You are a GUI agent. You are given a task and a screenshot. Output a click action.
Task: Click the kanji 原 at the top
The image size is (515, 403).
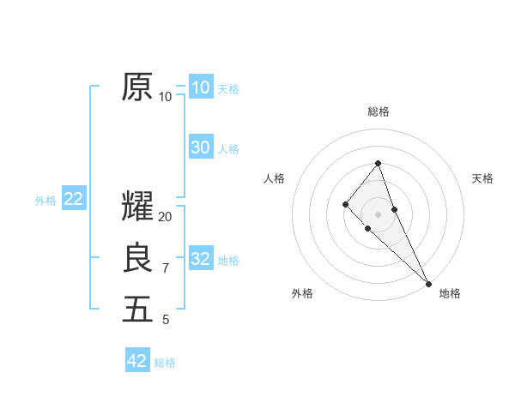137,87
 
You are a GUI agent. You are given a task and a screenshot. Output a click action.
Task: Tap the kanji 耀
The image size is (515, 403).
137,207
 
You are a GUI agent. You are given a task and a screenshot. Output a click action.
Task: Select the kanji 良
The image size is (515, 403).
137,258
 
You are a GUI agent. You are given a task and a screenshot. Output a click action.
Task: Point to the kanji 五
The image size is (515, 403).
137,310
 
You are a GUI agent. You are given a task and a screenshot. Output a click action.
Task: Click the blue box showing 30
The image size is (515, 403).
201,147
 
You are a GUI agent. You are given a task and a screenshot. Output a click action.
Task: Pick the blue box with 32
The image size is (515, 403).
201,259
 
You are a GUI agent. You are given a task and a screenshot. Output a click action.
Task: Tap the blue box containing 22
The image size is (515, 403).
74,199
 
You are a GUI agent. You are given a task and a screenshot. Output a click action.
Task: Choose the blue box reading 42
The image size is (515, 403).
137,361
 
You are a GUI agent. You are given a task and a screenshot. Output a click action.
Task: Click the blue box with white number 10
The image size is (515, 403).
201,87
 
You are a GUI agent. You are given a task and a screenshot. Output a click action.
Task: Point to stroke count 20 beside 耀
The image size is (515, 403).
166,217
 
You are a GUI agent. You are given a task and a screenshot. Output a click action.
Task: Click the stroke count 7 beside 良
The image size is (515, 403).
166,268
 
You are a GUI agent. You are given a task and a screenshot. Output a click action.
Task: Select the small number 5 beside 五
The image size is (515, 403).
166,320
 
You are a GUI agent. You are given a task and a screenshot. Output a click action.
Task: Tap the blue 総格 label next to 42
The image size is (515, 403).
165,363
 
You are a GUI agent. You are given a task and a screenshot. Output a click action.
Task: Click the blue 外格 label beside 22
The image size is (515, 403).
45,201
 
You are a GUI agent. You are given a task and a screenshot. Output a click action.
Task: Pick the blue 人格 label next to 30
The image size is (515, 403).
228,149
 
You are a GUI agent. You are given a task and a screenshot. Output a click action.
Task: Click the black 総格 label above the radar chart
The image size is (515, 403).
379,111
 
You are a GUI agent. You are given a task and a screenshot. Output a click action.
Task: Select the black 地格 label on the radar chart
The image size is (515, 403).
450,293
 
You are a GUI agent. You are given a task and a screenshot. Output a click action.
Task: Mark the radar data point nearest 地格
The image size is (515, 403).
428,283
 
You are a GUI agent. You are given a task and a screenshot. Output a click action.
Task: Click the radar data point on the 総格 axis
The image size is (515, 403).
379,164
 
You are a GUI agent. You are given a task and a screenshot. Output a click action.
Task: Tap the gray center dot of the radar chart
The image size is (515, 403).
379,214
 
